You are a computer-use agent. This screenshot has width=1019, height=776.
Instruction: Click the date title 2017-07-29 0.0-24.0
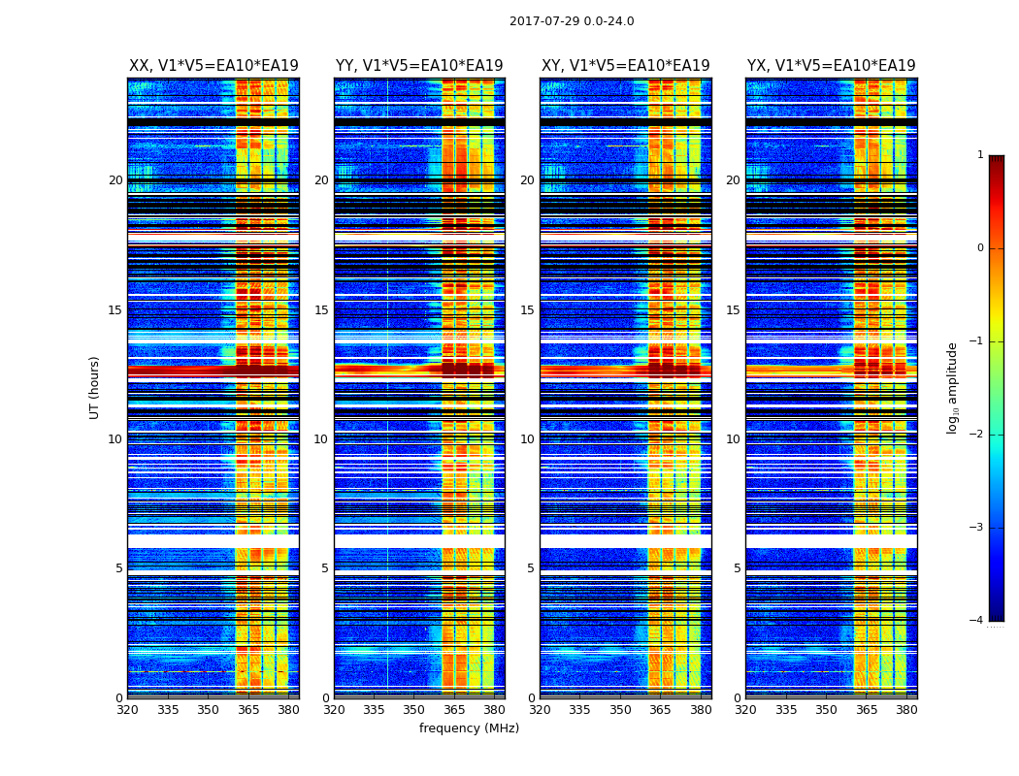[x=572, y=21]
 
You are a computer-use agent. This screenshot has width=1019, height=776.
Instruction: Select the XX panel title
[x=214, y=66]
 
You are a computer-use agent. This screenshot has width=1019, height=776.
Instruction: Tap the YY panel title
[x=419, y=66]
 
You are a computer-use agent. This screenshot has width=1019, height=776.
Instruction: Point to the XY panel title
[x=625, y=66]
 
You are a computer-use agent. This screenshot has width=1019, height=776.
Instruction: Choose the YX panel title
[x=831, y=66]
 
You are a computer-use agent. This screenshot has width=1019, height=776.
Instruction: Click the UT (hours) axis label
[x=95, y=387]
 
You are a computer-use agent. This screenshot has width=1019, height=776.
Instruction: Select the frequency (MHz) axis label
[x=469, y=728]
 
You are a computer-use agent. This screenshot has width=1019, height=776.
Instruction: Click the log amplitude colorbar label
[x=953, y=387]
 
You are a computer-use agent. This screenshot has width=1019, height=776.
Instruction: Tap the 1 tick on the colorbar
[x=980, y=155]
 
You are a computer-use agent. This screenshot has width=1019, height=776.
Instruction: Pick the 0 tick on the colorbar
[x=980, y=248]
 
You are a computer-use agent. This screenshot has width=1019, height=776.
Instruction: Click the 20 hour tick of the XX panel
[x=115, y=180]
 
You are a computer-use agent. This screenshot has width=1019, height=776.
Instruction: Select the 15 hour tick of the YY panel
[x=321, y=310]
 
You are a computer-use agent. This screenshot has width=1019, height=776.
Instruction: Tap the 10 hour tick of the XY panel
[x=527, y=439]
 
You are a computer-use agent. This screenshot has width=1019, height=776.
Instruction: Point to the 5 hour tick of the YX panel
[x=737, y=568]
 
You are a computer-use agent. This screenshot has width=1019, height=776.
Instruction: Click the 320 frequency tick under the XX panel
[x=128, y=710]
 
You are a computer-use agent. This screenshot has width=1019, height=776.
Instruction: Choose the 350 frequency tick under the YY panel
[x=414, y=710]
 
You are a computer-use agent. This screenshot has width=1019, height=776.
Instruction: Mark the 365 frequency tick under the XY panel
[x=660, y=710]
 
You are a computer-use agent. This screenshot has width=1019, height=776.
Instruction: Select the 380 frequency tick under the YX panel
[x=906, y=710]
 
